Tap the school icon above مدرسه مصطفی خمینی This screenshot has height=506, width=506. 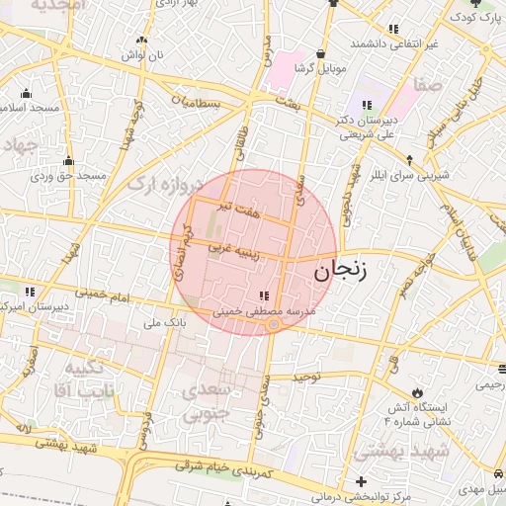click(x=262, y=295)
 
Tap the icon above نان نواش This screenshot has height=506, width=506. click(x=141, y=41)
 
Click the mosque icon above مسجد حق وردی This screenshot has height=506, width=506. click(x=68, y=161)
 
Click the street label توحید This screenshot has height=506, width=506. click(x=307, y=377)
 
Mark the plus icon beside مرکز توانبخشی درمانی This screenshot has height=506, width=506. click(x=362, y=481)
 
